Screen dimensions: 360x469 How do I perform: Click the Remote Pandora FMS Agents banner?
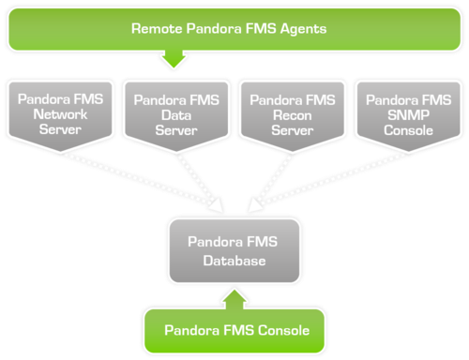[234, 28]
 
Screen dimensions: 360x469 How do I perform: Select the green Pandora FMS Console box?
[234, 330]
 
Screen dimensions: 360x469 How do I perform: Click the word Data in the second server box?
[174, 114]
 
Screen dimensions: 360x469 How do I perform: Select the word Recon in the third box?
[292, 114]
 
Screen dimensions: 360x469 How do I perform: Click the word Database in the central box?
[234, 261]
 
